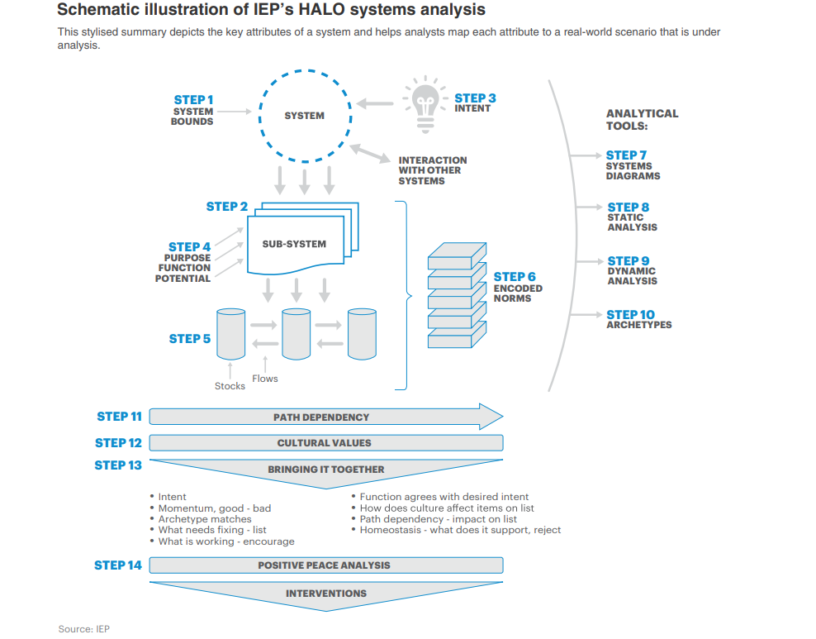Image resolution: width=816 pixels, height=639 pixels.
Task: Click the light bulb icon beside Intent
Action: (425, 104)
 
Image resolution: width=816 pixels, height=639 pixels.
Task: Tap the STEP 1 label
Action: (193, 100)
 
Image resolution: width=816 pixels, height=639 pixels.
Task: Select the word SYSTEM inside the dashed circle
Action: (304, 116)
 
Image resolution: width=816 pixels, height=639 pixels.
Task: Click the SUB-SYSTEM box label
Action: (294, 244)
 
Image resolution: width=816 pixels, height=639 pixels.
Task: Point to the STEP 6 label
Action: (515, 277)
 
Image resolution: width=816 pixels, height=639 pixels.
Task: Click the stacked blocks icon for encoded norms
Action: (457, 296)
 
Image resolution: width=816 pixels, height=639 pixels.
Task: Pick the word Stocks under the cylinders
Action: (230, 386)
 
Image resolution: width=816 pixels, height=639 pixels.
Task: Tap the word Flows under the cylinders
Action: (265, 379)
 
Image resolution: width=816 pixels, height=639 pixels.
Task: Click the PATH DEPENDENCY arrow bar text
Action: (321, 417)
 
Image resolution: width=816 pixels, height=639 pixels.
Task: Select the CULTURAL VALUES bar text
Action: (324, 443)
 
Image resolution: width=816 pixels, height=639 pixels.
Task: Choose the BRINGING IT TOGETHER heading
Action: (325, 470)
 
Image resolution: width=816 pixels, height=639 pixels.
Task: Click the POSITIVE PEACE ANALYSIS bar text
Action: (324, 565)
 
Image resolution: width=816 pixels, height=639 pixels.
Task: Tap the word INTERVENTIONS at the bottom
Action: (325, 594)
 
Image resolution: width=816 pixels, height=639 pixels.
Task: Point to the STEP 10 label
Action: (630, 314)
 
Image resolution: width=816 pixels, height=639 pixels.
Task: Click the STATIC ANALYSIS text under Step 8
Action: (632, 222)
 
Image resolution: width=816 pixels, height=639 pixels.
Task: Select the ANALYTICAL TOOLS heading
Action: (642, 120)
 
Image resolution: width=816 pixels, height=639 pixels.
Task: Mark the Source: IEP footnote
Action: (83, 629)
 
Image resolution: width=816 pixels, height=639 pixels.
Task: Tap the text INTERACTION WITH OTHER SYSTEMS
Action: (432, 170)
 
